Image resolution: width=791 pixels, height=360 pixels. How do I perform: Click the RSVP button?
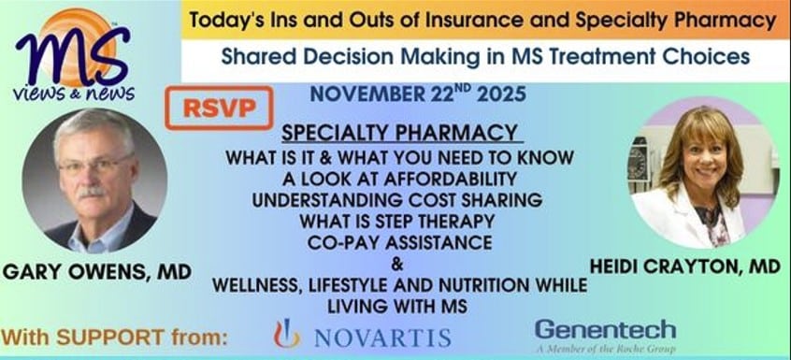coord(219,108)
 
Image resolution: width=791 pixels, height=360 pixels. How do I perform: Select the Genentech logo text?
coord(605,330)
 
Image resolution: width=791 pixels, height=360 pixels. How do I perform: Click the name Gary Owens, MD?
coord(97,273)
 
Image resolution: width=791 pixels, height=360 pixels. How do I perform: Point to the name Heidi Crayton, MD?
coord(685,266)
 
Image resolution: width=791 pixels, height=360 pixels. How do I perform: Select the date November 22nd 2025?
coord(418,94)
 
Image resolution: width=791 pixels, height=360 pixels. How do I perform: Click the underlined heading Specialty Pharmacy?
coord(399,133)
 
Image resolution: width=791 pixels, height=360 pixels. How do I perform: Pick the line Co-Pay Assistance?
coord(399,242)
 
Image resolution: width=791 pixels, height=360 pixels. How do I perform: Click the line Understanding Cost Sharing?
coord(397,200)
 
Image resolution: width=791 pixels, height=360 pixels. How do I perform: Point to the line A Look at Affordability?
coord(399,179)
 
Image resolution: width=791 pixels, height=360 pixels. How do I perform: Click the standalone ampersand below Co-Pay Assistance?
coord(397,264)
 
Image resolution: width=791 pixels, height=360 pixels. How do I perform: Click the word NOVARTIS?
coord(382,338)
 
